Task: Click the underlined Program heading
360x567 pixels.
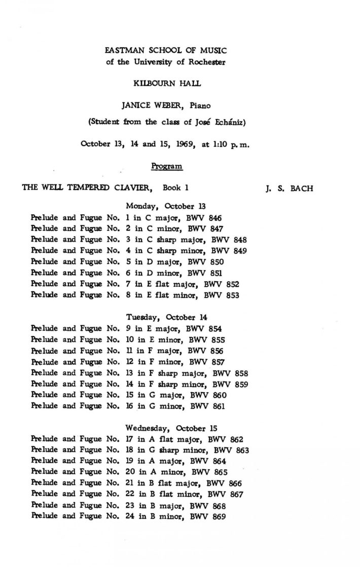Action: [167, 166]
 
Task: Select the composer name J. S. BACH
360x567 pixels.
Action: [289, 188]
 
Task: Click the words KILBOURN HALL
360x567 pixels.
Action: [166, 84]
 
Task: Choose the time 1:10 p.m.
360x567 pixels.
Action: [232, 143]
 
